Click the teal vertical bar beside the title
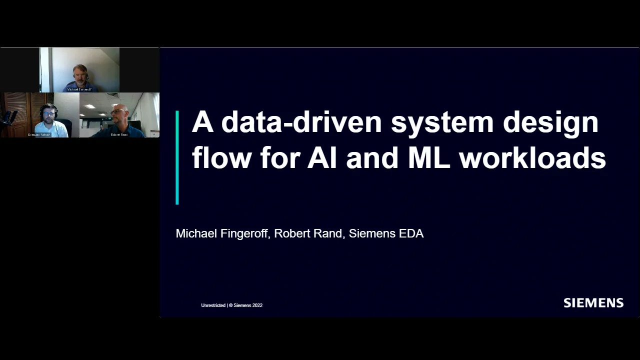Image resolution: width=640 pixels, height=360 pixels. (177, 157)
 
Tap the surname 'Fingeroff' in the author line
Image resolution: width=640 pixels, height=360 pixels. (244, 233)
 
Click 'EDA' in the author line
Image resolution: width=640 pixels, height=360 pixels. (411, 233)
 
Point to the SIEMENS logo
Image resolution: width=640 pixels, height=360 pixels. (593, 303)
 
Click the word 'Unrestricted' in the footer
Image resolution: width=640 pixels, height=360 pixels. (213, 305)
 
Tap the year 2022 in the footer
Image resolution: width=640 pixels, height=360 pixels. (256, 305)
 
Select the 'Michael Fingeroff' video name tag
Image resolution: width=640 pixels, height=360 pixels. (79, 89)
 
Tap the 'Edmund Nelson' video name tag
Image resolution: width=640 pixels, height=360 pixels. (39, 135)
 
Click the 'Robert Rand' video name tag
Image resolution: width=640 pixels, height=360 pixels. (119, 135)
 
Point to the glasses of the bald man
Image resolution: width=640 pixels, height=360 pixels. (118, 111)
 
